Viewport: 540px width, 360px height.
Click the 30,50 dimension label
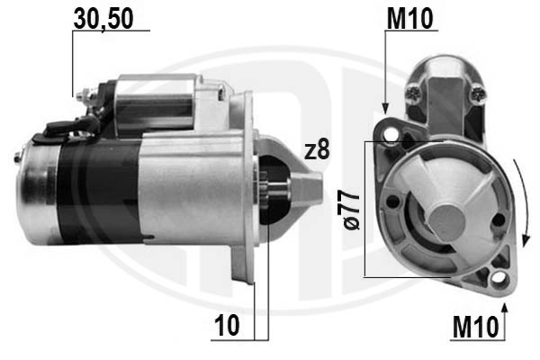[x=103, y=19]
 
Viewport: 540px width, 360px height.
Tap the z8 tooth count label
[x=317, y=150]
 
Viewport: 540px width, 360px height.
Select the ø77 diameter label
[x=351, y=211]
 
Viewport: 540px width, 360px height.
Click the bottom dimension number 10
[x=227, y=325]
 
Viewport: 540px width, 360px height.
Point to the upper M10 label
[x=409, y=19]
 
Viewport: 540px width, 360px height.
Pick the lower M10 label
[x=475, y=328]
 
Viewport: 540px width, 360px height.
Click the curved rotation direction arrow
[x=522, y=202]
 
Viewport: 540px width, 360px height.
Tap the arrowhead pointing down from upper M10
[x=385, y=109]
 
